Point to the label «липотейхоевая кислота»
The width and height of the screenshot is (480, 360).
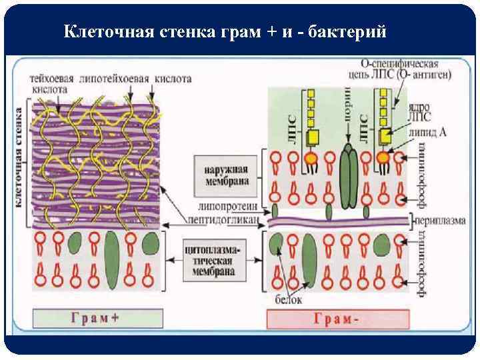point(133,79)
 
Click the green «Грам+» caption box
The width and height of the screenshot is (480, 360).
point(97,318)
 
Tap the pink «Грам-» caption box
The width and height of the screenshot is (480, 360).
point(337,319)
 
